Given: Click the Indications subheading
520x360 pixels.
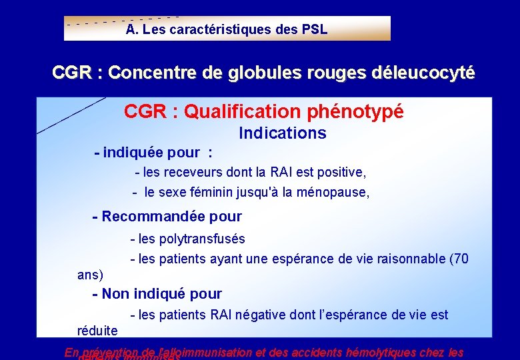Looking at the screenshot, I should pos(283,133).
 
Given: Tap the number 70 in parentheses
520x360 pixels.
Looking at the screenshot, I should pos(460,259).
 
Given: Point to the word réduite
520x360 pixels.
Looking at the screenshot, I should pos(97,331).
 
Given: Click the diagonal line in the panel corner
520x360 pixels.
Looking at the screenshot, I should pos(71,115).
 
